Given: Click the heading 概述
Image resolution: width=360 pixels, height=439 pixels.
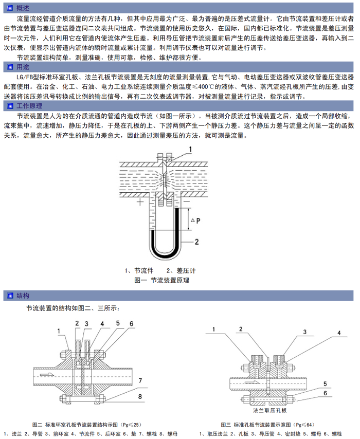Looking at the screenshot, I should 23,8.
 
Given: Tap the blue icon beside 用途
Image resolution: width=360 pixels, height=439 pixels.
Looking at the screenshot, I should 9,67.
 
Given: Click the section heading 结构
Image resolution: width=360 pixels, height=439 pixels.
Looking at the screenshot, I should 23,296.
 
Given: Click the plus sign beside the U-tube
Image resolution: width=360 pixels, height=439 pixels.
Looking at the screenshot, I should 139,202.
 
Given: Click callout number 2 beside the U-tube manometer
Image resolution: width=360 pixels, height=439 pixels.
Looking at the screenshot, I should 196,241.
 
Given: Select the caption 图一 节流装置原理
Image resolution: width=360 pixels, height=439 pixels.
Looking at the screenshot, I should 161,280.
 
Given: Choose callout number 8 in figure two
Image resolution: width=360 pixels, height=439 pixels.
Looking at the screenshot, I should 140,396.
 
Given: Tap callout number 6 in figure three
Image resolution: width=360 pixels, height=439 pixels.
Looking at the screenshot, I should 325,393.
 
